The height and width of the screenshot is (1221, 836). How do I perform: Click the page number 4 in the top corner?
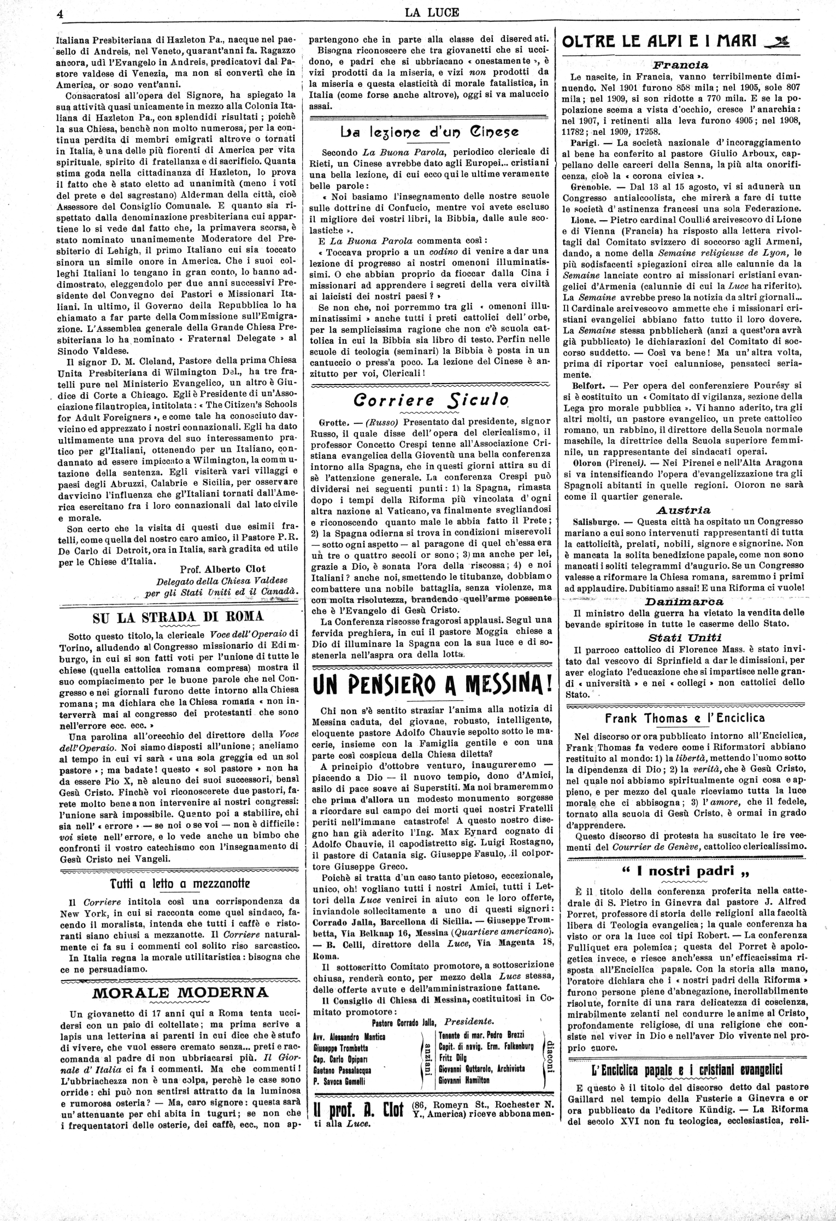click(x=61, y=14)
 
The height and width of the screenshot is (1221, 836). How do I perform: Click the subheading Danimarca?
click(x=684, y=601)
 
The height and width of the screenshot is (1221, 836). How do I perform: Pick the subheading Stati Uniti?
click(x=685, y=637)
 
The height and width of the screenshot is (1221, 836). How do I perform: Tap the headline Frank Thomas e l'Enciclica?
click(x=684, y=717)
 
